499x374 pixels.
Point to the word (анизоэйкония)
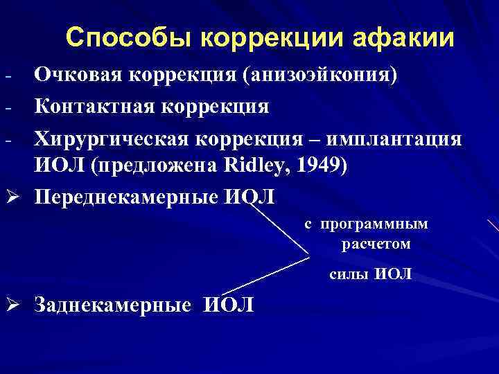(x=319, y=74)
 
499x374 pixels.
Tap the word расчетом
(x=376, y=244)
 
